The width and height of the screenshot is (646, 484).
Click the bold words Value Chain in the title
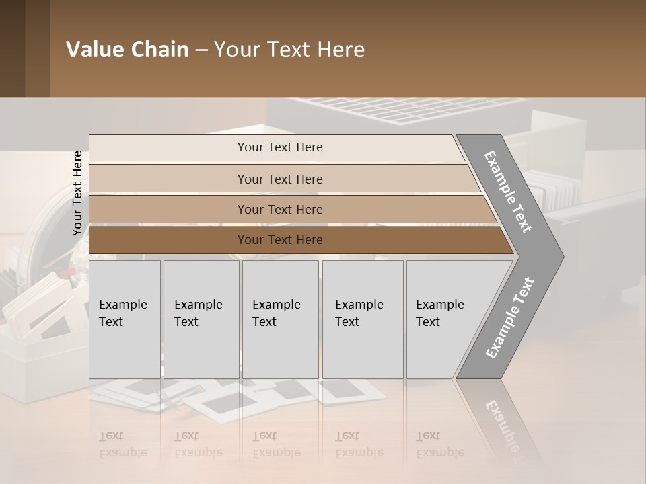pos(127,50)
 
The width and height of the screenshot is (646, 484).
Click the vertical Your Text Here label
pos(77,194)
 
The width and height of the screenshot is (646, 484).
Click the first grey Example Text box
pos(124,319)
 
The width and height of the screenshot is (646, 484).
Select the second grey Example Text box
pos(201,319)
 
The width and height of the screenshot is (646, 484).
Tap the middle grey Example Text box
pos(280,319)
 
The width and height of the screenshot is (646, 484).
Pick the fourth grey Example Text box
pos(363,319)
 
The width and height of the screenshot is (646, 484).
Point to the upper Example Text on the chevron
pos(509,192)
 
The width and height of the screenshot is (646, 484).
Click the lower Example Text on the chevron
pos(509,317)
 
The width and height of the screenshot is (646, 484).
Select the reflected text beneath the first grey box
pos(122,444)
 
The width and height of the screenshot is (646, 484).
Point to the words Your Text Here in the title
pos(289,50)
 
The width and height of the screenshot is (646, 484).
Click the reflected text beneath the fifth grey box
pos(439,444)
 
